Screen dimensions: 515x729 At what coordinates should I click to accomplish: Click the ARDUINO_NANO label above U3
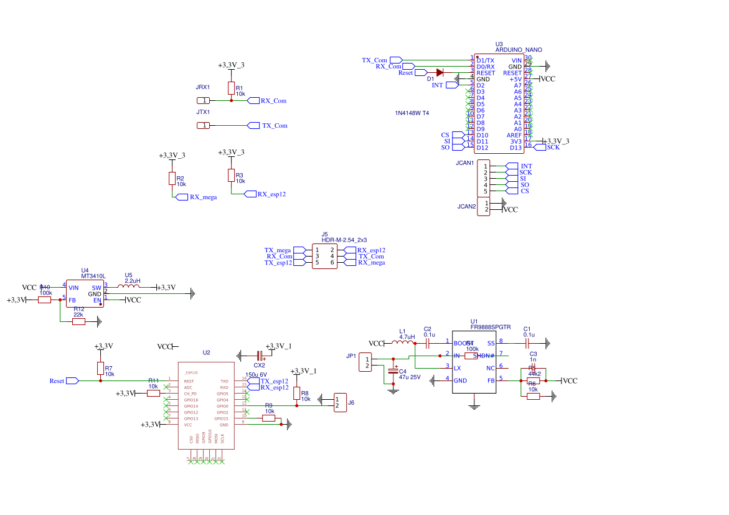click(x=519, y=49)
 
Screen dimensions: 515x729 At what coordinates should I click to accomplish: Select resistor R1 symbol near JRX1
click(x=231, y=88)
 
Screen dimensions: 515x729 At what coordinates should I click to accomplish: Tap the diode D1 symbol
click(x=440, y=72)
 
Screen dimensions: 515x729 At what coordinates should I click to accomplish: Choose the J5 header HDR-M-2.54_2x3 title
click(x=344, y=240)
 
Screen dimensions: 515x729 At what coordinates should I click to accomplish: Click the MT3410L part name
click(x=93, y=275)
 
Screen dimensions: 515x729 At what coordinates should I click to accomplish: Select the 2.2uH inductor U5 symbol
click(x=131, y=286)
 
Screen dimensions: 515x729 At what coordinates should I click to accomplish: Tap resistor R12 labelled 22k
click(x=78, y=322)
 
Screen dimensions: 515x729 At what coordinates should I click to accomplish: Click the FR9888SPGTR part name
click(x=491, y=327)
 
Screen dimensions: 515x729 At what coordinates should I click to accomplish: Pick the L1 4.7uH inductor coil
click(x=403, y=342)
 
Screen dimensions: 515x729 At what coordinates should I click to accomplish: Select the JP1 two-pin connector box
click(x=367, y=362)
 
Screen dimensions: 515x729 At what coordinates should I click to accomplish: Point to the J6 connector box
click(x=340, y=402)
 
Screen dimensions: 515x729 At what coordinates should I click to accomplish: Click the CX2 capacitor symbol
click(x=260, y=356)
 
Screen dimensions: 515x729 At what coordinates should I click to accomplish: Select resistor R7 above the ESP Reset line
click(x=100, y=368)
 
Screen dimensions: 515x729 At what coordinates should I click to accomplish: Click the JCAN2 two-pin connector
click(x=483, y=207)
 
